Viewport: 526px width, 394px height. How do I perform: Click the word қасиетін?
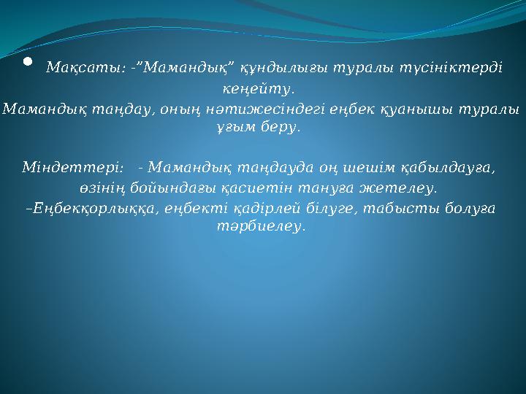(222, 189)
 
